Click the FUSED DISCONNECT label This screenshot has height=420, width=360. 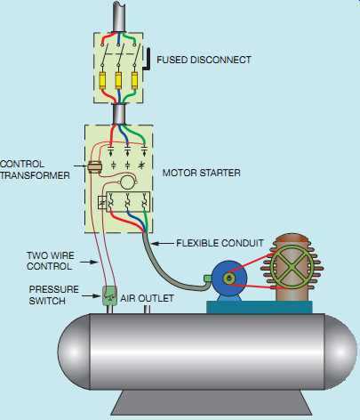pyautogui.click(x=204, y=61)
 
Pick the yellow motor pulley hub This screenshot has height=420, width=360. pyautogui.click(x=232, y=279)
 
